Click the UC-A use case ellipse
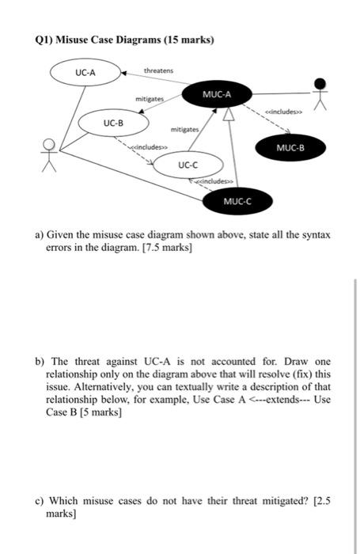click(85, 73)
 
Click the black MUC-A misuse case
click(216, 94)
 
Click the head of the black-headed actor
click(319, 83)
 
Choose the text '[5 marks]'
click(96, 412)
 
